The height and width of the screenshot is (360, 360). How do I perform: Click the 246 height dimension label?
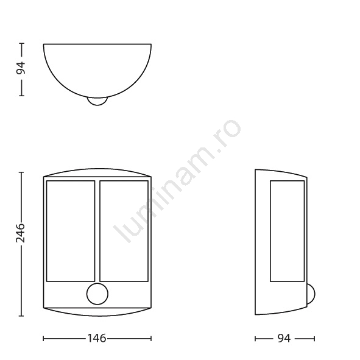tap(20, 232)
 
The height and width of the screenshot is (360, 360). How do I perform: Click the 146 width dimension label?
tap(97, 338)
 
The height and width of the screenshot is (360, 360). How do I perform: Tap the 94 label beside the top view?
tap(21, 68)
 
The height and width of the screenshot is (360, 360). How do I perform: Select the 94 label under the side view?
tap(284, 338)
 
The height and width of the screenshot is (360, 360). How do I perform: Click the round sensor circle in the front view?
tap(97, 294)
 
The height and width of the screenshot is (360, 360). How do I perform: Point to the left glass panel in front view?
tap(71, 231)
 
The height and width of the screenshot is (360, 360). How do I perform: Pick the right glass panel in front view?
tap(124, 231)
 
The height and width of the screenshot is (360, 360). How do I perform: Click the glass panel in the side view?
tap(288, 231)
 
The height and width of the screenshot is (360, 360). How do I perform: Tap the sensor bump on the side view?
tap(311, 294)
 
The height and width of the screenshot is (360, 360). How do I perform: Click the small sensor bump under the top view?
tap(97, 102)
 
